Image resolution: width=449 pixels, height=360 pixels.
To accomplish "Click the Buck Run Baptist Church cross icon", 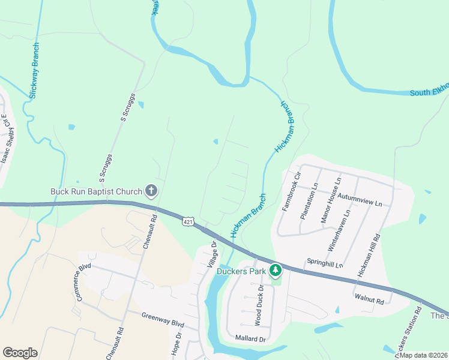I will [151, 191].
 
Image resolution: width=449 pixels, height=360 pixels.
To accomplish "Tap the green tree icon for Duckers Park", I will [276, 270].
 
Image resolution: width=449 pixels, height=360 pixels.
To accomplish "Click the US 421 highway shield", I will [188, 222].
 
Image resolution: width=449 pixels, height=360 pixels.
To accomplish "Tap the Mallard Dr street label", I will [250, 339].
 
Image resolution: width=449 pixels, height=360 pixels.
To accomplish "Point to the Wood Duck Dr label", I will [259, 305].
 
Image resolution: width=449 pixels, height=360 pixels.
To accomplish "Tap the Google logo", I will [20, 353].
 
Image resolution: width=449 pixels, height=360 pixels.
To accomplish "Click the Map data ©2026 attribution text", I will [423, 355].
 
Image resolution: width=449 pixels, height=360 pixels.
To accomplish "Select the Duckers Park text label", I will [242, 271].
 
